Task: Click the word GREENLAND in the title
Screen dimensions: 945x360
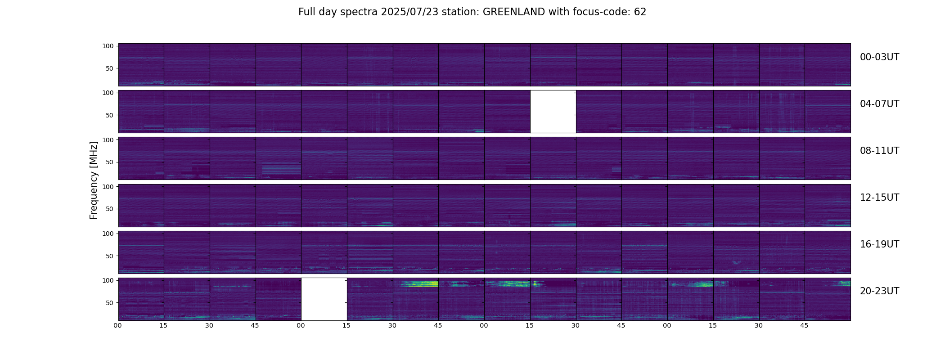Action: click(x=514, y=12)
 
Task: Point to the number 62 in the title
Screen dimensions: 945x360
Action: click(x=640, y=12)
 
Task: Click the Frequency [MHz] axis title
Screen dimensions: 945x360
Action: click(x=94, y=180)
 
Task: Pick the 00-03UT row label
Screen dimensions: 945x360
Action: click(x=879, y=57)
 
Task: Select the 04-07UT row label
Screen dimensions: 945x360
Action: click(x=879, y=104)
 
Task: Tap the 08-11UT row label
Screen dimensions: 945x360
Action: click(x=879, y=151)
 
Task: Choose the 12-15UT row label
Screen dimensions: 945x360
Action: click(x=879, y=198)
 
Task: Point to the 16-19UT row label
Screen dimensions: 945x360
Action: click(x=879, y=244)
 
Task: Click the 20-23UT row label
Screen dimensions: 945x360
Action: click(x=879, y=291)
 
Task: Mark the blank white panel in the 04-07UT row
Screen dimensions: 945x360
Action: click(x=553, y=112)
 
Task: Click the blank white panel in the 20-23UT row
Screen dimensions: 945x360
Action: click(x=324, y=299)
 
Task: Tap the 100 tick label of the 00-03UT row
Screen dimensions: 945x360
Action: click(x=108, y=46)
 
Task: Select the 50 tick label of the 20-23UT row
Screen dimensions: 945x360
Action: click(x=110, y=303)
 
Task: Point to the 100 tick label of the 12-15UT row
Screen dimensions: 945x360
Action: click(x=108, y=186)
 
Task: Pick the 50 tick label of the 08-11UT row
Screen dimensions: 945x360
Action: click(x=110, y=162)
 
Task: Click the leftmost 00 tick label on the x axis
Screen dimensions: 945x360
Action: click(x=118, y=325)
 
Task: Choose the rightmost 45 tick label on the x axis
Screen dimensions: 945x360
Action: click(x=805, y=325)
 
